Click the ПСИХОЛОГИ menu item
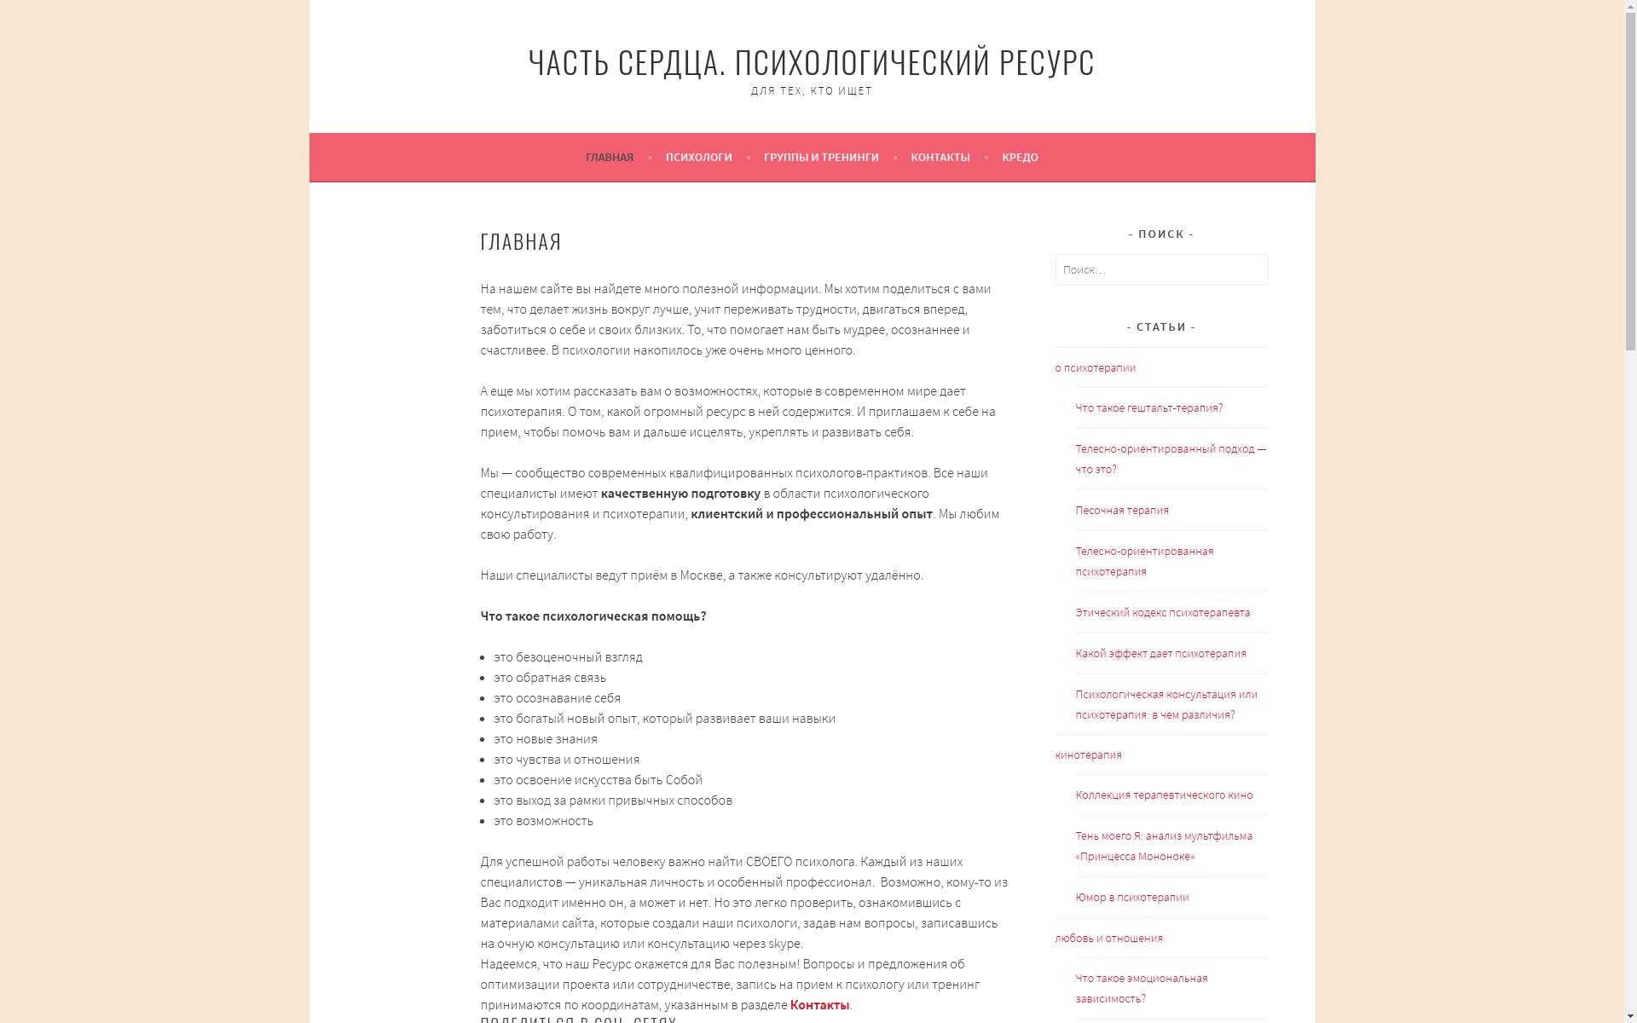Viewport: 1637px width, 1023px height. point(698,158)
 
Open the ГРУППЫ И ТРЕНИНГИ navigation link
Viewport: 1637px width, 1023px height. point(820,158)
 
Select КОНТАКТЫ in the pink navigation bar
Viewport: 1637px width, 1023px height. point(940,158)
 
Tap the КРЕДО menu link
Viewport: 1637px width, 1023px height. point(1020,158)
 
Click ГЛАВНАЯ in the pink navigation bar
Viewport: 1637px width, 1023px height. point(609,158)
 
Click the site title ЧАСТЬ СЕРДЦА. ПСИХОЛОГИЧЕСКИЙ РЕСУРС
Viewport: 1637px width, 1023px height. point(811,62)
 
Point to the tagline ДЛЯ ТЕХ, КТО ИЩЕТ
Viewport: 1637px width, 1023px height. point(811,91)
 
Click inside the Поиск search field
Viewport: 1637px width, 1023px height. point(1160,270)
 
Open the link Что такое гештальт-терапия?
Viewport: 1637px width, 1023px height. point(1148,408)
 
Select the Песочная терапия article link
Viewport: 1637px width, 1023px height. point(1121,511)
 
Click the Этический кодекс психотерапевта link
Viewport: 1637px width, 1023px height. point(1162,613)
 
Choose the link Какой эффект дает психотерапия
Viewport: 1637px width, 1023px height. point(1160,654)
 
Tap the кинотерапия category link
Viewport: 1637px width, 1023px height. point(1088,755)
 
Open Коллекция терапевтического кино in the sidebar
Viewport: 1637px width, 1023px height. point(1164,795)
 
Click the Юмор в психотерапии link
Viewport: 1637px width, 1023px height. point(1131,898)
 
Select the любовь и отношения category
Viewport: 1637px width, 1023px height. point(1108,939)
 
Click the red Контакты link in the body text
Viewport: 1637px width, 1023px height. point(818,1005)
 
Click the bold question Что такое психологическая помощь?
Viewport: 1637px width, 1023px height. point(593,616)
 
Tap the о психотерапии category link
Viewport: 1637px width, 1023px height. point(1095,368)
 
